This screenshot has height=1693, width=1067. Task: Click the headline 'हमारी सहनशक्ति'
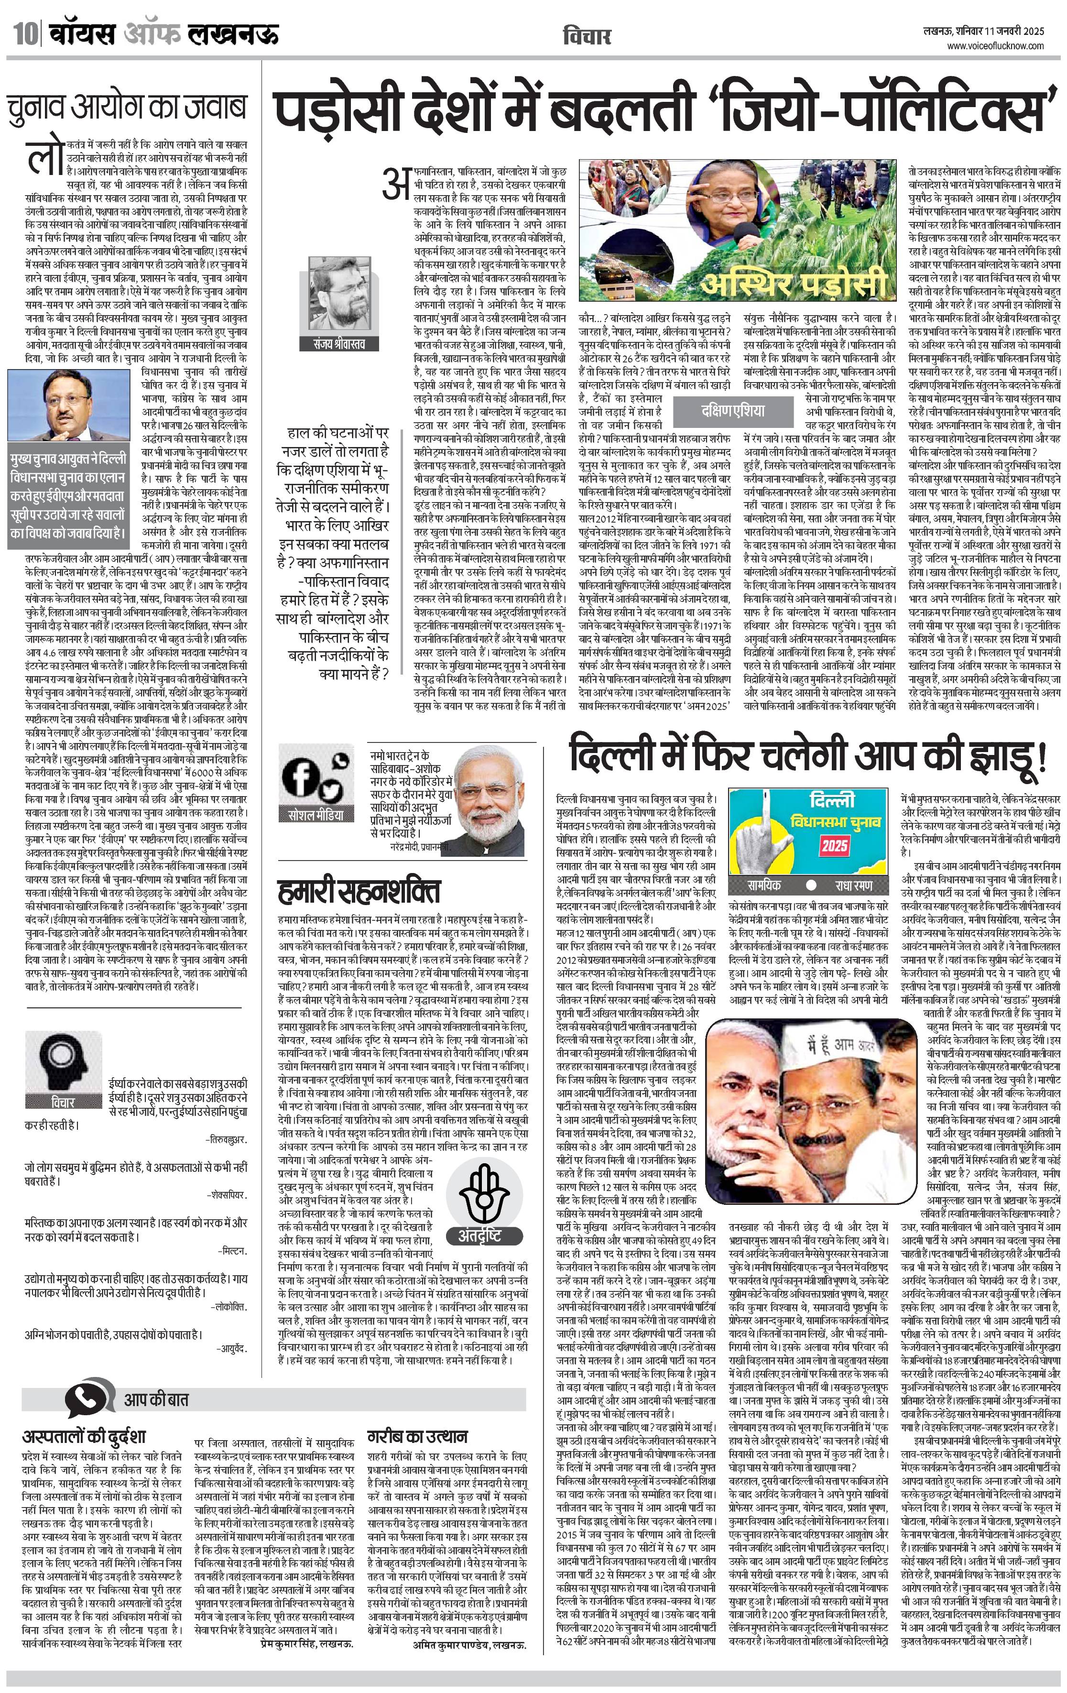pos(359,890)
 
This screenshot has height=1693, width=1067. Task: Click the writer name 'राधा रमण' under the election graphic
pos(853,885)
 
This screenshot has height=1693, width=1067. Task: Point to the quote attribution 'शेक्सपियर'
pos(227,1194)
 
